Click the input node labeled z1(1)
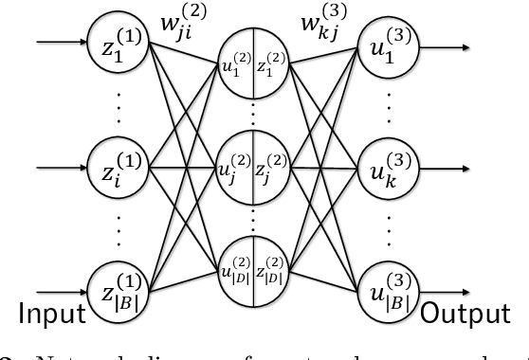tap(119, 44)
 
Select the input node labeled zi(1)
tap(119, 171)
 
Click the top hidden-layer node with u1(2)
tap(253, 68)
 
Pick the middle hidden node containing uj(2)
tap(253, 171)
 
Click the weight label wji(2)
tap(185, 19)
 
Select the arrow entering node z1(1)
tap(59, 44)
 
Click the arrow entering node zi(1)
tap(59, 171)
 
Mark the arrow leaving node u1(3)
tap(445, 44)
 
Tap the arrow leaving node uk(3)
tap(445, 171)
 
